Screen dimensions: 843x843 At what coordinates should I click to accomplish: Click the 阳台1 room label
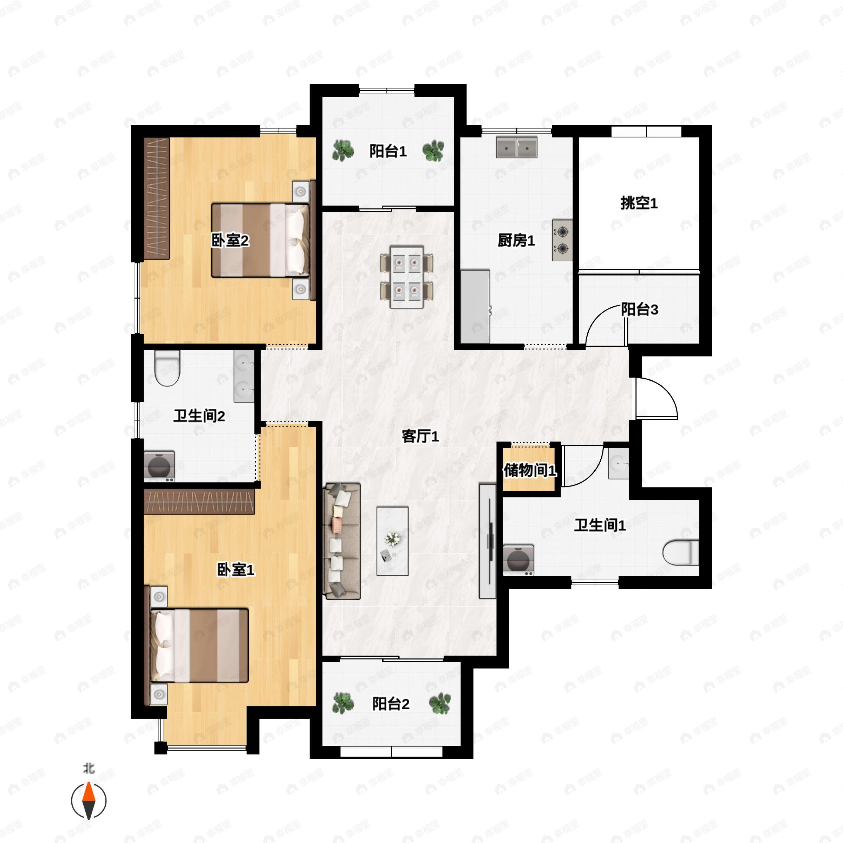click(388, 151)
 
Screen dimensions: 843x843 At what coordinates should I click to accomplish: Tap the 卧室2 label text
click(230, 240)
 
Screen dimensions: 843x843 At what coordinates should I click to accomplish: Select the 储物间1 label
click(530, 470)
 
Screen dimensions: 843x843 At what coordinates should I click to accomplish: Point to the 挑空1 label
click(639, 203)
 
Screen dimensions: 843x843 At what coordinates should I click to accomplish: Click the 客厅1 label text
click(420, 436)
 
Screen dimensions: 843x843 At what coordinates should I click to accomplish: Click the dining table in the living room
click(407, 277)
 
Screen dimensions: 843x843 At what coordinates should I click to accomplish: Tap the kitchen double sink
click(516, 148)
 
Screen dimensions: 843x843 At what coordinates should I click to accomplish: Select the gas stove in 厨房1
click(562, 240)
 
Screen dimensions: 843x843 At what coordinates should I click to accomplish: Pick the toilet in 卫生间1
click(680, 553)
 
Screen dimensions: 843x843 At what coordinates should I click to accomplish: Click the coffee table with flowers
click(392, 541)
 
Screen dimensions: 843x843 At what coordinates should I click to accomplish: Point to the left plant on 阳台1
click(342, 151)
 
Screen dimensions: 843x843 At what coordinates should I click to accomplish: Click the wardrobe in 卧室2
click(156, 198)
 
